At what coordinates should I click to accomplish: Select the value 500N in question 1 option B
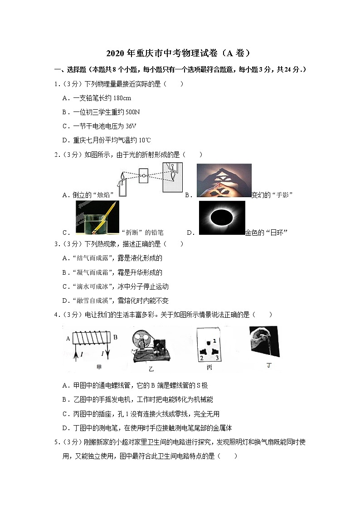click(x=131, y=112)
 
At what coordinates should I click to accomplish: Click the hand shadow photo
click(x=224, y=180)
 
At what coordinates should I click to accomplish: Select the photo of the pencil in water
click(x=98, y=218)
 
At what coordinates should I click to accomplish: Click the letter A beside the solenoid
click(x=68, y=338)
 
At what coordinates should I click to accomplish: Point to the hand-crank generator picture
click(x=149, y=344)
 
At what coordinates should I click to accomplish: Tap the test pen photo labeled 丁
click(x=264, y=341)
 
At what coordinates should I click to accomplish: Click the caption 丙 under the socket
click(x=209, y=368)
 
